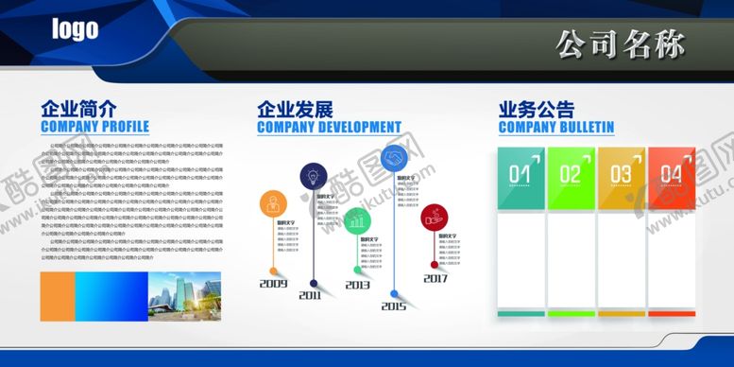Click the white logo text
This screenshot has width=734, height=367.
[75, 29]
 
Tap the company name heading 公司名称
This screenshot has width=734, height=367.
[620, 44]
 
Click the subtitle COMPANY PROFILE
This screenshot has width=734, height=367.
[94, 127]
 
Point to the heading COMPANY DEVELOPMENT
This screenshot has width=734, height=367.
[329, 127]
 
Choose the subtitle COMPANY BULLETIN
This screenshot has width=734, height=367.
[555, 127]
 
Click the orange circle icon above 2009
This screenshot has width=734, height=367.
[274, 203]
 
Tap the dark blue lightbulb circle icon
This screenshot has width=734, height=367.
[314, 177]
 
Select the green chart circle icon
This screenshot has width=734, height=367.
[357, 221]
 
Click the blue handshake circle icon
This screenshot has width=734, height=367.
[394, 157]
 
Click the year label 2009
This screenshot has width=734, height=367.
[273, 284]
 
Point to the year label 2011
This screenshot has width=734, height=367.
[311, 295]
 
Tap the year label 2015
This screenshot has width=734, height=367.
[394, 306]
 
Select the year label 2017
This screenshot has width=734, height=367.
[435, 279]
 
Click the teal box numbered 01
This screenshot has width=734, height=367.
[521, 175]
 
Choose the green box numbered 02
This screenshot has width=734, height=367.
[571, 175]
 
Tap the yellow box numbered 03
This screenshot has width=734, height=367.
[621, 175]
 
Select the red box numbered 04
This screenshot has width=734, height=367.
[671, 175]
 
